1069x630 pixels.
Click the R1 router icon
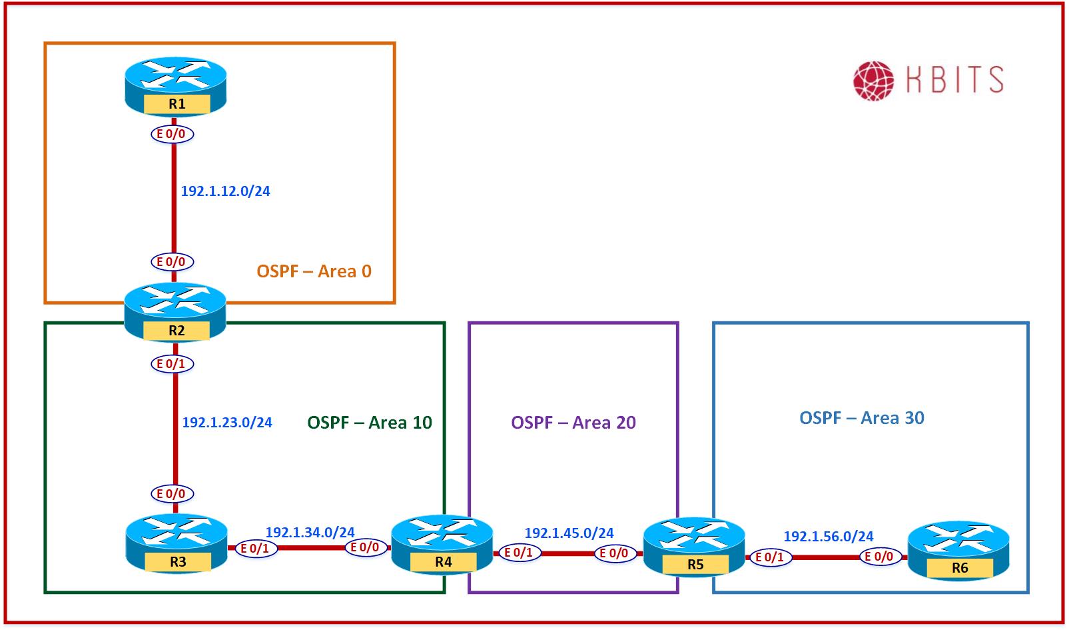coord(176,87)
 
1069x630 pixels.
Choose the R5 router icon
coord(694,547)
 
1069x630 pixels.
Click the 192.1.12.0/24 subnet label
coord(225,191)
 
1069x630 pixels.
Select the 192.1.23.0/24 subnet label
coord(227,423)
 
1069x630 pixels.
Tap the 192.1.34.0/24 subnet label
coord(310,533)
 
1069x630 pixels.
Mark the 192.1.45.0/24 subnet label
coord(569,533)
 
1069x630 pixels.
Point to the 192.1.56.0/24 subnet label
coord(828,537)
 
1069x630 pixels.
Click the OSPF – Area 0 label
coord(314,271)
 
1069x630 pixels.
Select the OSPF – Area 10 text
coord(370,423)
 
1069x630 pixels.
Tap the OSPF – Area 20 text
coord(573,423)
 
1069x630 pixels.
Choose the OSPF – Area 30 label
coord(861,418)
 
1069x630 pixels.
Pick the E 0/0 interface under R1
coord(172,134)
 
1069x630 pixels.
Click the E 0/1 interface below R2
coord(172,364)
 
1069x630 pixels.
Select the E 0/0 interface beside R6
coord(880,557)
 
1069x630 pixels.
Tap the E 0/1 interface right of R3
coord(255,549)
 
